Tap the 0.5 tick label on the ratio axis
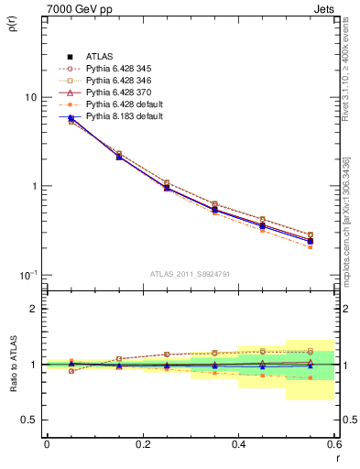click(x=29, y=420)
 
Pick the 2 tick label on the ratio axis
click(x=34, y=309)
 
